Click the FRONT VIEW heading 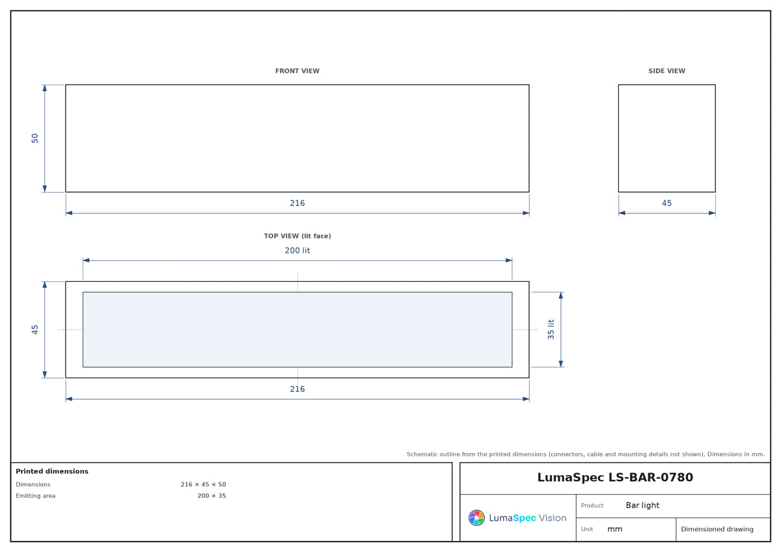point(297,71)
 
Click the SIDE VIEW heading point(666,71)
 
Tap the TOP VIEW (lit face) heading point(297,236)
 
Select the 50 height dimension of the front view point(34,138)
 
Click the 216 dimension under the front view point(297,203)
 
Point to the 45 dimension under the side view point(666,203)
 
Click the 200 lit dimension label point(297,251)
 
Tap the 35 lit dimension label point(551,329)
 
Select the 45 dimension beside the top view point(34,329)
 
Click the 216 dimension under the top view point(297,389)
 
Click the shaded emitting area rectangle point(297,329)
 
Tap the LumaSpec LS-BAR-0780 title point(615,477)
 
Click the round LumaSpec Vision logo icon point(476,517)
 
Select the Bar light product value point(642,505)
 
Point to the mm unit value point(614,529)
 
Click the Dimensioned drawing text point(717,529)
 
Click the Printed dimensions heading point(52,471)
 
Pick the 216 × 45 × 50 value point(203,484)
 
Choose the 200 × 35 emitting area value point(212,495)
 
